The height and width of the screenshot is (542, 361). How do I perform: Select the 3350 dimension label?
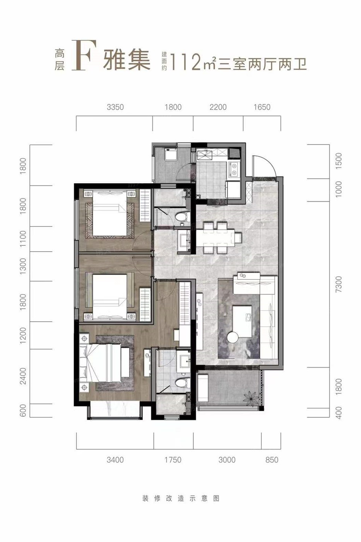[115, 107]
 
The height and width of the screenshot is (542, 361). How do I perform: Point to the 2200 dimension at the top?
[218, 107]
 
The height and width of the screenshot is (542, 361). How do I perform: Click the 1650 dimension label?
[262, 107]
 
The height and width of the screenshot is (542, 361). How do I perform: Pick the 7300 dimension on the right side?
[339, 284]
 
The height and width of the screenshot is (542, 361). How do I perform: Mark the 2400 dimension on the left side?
[23, 376]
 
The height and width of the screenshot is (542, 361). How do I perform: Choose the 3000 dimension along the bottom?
[227, 460]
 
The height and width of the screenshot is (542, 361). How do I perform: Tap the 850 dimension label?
[272, 460]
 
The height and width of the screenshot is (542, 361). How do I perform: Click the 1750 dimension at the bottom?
[173, 460]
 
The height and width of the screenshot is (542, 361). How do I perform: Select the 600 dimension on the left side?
[23, 410]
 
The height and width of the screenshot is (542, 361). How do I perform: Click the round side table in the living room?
[233, 338]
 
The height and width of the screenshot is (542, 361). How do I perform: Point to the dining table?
[215, 238]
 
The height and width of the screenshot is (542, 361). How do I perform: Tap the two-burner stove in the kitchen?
[234, 169]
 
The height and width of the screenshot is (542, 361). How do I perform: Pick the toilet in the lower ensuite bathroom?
[182, 383]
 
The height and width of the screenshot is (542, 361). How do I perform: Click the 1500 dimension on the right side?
[339, 161]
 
